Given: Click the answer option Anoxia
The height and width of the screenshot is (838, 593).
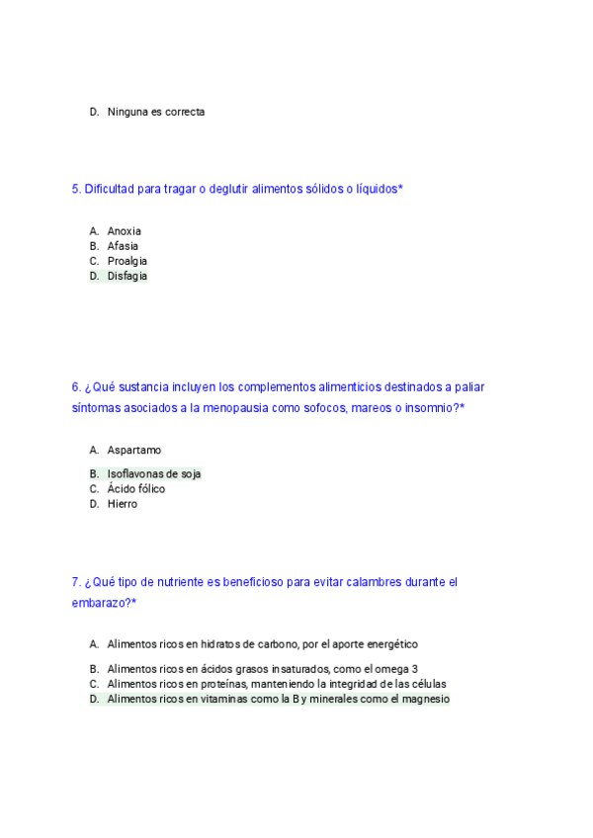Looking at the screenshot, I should point(124,231).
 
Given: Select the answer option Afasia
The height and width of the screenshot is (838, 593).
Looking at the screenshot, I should point(123,246).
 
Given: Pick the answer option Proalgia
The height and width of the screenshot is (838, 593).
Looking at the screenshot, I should point(127,261).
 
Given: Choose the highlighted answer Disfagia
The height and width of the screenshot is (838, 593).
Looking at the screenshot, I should point(127,277).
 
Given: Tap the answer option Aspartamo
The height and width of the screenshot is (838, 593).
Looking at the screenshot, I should point(133,451).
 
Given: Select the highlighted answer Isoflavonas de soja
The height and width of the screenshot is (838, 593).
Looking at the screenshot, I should point(153,474).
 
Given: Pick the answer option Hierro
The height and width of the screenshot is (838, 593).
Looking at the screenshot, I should point(122,504).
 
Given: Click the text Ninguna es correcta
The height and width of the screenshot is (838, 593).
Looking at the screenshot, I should point(155,113).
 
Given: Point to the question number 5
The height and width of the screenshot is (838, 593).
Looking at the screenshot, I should point(76,189).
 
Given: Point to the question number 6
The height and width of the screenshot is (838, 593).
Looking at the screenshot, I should point(76,387).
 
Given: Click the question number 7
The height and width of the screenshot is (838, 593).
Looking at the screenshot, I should point(76,583).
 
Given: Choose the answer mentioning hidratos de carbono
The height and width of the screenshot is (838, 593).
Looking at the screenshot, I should point(262,644).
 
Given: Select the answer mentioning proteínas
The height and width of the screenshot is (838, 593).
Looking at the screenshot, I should point(276,684).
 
